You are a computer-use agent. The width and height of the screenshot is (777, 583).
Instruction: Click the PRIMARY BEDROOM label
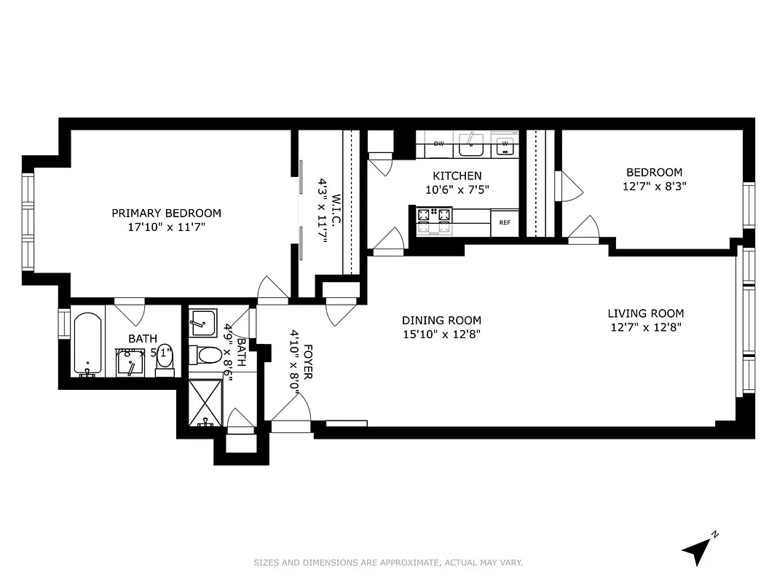pos(166,213)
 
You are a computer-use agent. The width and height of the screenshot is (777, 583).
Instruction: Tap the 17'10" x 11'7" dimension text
pos(166,227)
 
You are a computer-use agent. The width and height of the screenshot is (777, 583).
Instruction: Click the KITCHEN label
pos(457,176)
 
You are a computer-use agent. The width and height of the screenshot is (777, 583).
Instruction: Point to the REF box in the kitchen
pos(504,223)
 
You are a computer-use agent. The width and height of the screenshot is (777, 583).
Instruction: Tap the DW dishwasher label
pos(438,144)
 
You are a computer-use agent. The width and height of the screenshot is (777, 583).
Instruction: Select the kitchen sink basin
pos(472,149)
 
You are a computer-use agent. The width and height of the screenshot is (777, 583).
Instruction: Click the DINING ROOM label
pos(441,320)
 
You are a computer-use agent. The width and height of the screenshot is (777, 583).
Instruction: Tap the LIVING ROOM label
pos(645,313)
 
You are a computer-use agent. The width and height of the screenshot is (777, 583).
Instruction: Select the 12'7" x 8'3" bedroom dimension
pos(654,186)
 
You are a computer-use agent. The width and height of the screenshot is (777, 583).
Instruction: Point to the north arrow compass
pos(698,550)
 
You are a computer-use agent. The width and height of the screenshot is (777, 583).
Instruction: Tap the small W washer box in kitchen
pos(505,146)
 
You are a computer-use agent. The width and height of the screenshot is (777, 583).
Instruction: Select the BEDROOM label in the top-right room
pos(654,172)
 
